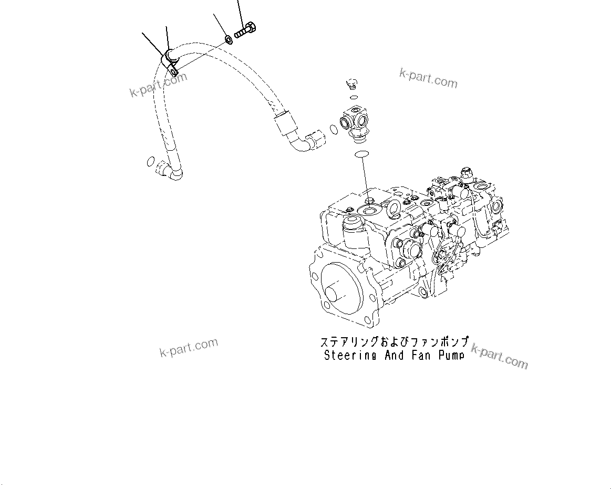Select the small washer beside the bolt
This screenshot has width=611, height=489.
(x=229, y=39)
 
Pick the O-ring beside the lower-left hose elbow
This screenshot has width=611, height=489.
(x=150, y=161)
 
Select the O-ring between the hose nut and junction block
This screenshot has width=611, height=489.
(x=334, y=129)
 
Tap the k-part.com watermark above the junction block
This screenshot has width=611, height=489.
(x=428, y=78)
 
